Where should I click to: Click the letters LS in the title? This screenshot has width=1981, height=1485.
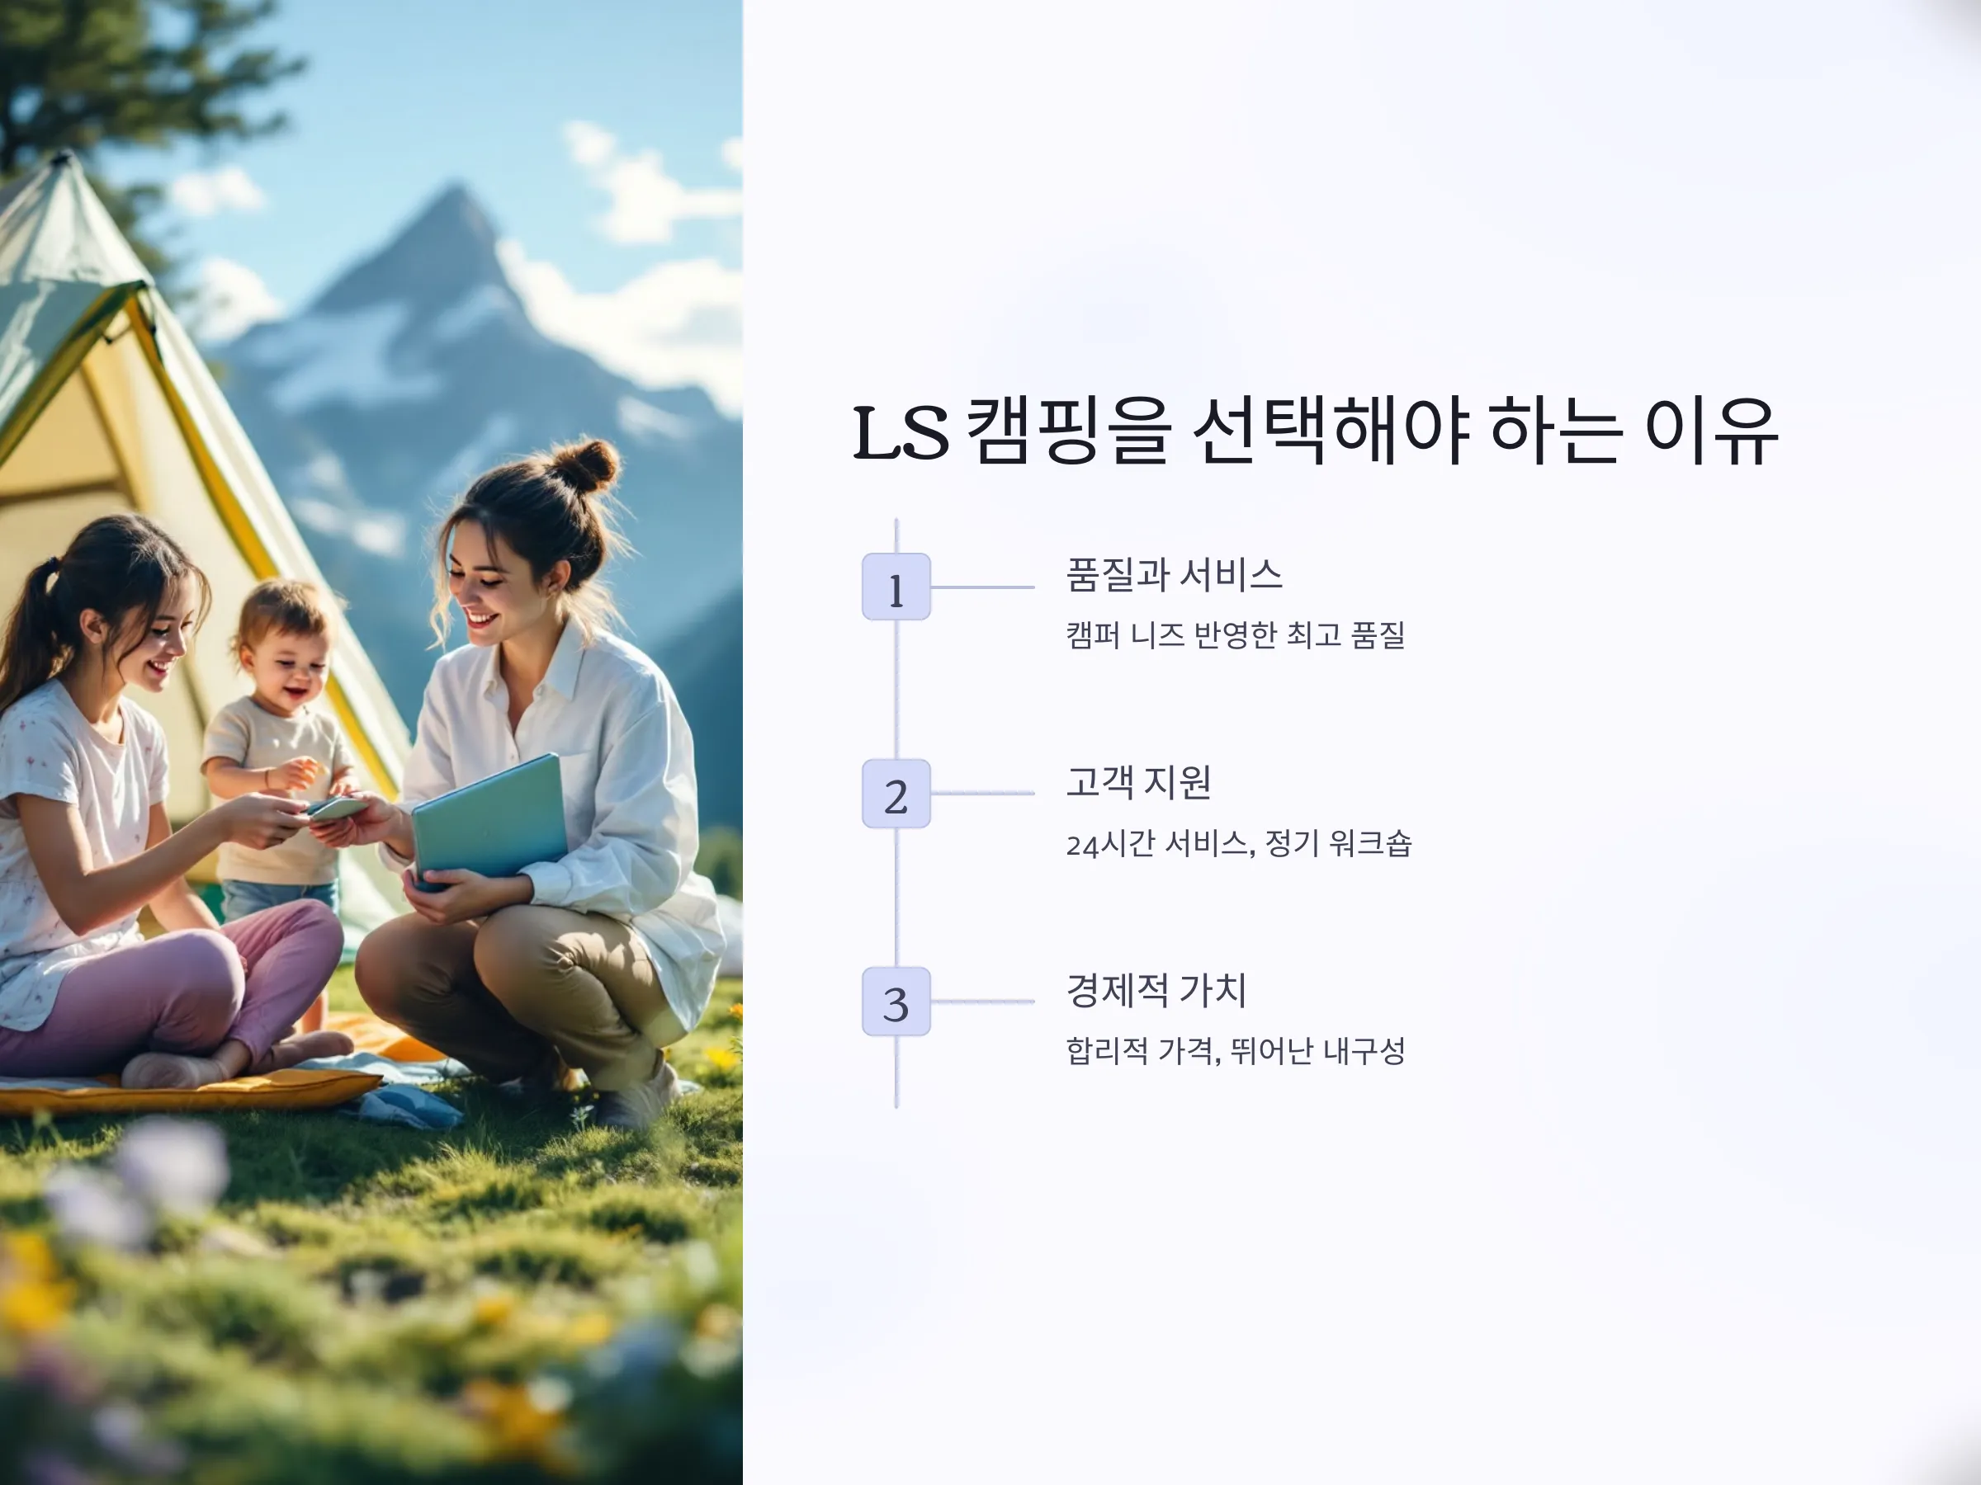click(900, 433)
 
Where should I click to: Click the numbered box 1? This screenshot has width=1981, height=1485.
click(896, 587)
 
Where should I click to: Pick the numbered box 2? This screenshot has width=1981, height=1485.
click(896, 794)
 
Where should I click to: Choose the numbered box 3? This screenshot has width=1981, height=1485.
click(896, 1002)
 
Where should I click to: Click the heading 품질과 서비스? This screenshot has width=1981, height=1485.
click(1174, 575)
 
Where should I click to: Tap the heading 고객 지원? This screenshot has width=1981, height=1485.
click(1138, 781)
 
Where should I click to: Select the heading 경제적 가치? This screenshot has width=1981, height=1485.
click(1156, 989)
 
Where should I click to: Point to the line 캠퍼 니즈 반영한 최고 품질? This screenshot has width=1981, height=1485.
click(1235, 634)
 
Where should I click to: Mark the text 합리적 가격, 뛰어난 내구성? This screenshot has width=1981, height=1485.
click(1235, 1050)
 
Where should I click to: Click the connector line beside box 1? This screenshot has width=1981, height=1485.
click(983, 587)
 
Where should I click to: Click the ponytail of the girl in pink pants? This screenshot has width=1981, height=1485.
click(31, 626)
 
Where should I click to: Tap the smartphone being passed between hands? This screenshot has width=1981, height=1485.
click(338, 808)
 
